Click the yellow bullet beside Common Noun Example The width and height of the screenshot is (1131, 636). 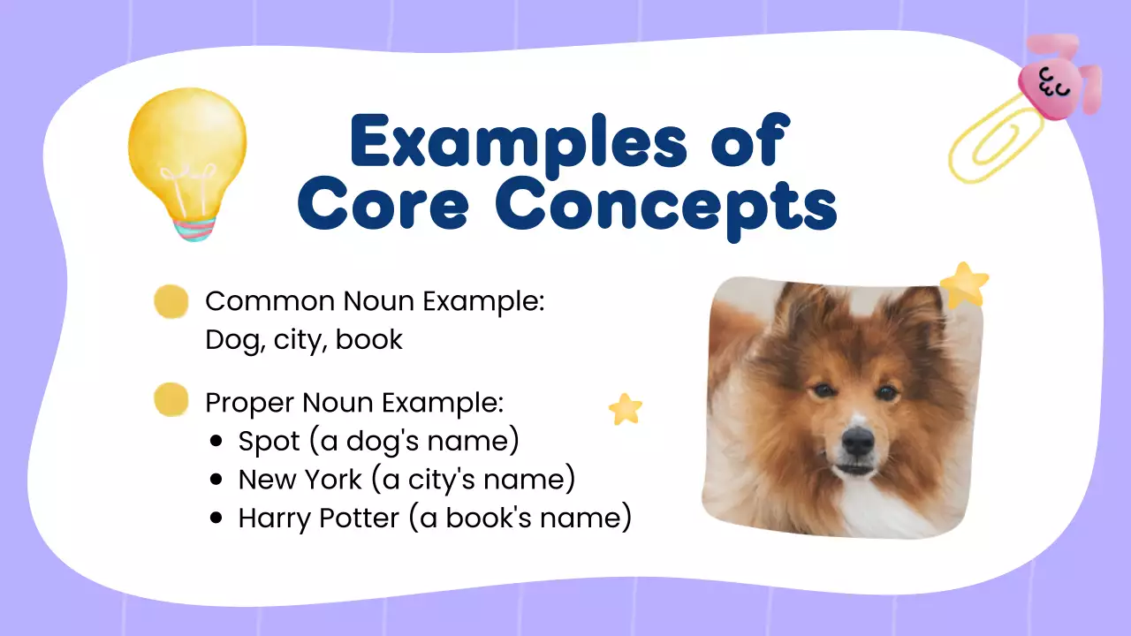pyautogui.click(x=171, y=302)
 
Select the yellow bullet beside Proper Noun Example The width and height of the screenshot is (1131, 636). pyautogui.click(x=171, y=400)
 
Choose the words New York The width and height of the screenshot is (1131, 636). pyautogui.click(x=300, y=480)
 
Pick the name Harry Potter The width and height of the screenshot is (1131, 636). pyautogui.click(x=319, y=519)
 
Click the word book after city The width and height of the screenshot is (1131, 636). pyautogui.click(x=368, y=340)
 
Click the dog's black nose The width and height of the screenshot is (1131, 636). pyautogui.click(x=857, y=439)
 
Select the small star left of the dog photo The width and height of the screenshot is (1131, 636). pyautogui.click(x=626, y=409)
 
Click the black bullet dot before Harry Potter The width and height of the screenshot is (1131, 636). pyautogui.click(x=217, y=519)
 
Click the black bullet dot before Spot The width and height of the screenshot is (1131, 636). pyautogui.click(x=217, y=441)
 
